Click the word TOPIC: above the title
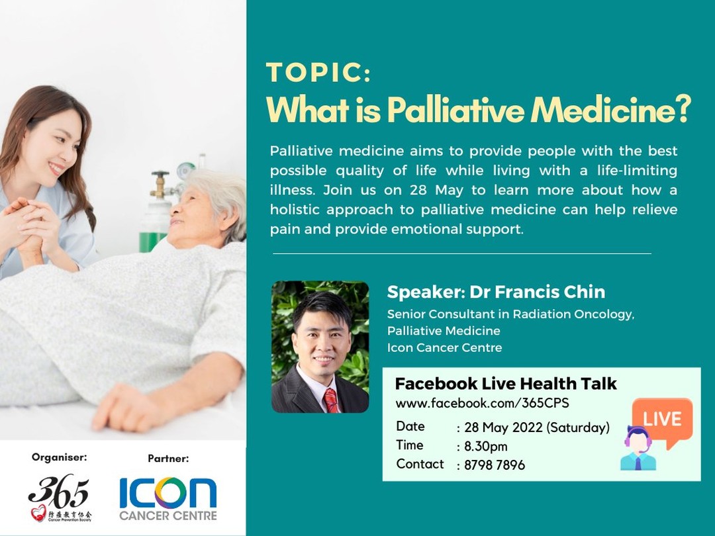[x=318, y=72]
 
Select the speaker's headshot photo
[x=320, y=347]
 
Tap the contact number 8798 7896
[x=495, y=465]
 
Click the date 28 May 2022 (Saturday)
[x=536, y=427]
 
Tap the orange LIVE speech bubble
[x=661, y=419]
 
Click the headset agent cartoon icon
[x=638, y=449]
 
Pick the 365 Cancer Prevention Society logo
[x=59, y=497]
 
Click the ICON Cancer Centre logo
[x=167, y=498]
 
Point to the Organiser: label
[x=59, y=457]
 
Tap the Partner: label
[x=168, y=458]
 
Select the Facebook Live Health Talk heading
[x=506, y=383]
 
